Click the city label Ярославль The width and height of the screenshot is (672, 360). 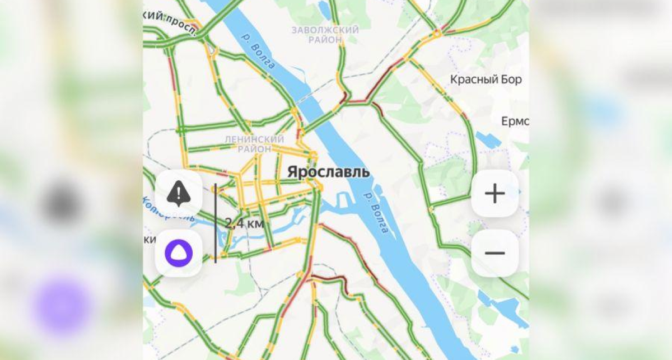pyautogui.click(x=328, y=172)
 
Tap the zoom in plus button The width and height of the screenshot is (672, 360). pyautogui.click(x=494, y=194)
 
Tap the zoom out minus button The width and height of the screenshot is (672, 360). pyautogui.click(x=494, y=253)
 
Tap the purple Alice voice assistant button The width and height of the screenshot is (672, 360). pyautogui.click(x=178, y=254)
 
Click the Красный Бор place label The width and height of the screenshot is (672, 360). pyautogui.click(x=486, y=80)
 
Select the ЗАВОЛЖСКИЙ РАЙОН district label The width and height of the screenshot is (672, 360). pyautogui.click(x=325, y=35)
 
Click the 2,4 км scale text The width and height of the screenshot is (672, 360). pyautogui.click(x=244, y=223)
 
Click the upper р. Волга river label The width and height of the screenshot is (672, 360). pyautogui.click(x=258, y=50)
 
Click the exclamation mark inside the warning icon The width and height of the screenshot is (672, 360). pyautogui.click(x=178, y=193)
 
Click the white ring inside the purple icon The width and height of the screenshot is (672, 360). pyautogui.click(x=178, y=254)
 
